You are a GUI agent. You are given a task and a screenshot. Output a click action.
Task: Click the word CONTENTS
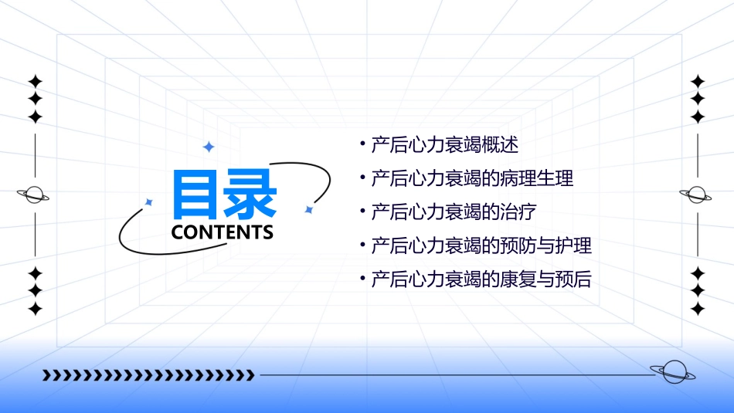pos(223,232)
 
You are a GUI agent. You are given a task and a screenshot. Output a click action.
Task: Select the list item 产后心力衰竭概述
pos(444,144)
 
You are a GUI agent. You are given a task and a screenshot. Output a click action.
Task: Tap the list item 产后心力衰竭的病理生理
pos(472,178)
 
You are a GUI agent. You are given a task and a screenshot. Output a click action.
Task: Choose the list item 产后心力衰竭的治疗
pos(454,212)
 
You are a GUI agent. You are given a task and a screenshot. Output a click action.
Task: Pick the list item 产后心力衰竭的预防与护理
pos(481,246)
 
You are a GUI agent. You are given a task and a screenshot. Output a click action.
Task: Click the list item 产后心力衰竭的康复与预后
pos(481,279)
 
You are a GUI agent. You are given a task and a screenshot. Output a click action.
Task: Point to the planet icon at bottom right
pos(672,372)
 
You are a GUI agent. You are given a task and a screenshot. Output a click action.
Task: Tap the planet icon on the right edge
pos(696,195)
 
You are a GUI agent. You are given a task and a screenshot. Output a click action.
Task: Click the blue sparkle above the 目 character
pos(208,147)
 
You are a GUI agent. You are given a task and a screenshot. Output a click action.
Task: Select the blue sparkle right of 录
pos(308,209)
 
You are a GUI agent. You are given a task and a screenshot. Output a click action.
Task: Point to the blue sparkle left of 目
pos(149,202)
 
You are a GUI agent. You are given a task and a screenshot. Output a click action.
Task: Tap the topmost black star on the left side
pos(35,81)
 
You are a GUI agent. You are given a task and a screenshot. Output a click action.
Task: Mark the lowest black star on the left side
pos(35,309)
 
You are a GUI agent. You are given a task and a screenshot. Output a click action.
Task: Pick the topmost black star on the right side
pos(698,81)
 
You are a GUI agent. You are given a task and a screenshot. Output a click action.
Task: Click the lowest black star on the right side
pos(698,309)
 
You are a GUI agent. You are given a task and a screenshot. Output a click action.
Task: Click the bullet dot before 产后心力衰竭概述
pos(362,144)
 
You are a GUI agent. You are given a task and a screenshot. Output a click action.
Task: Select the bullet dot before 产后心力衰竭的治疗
pos(362,211)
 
